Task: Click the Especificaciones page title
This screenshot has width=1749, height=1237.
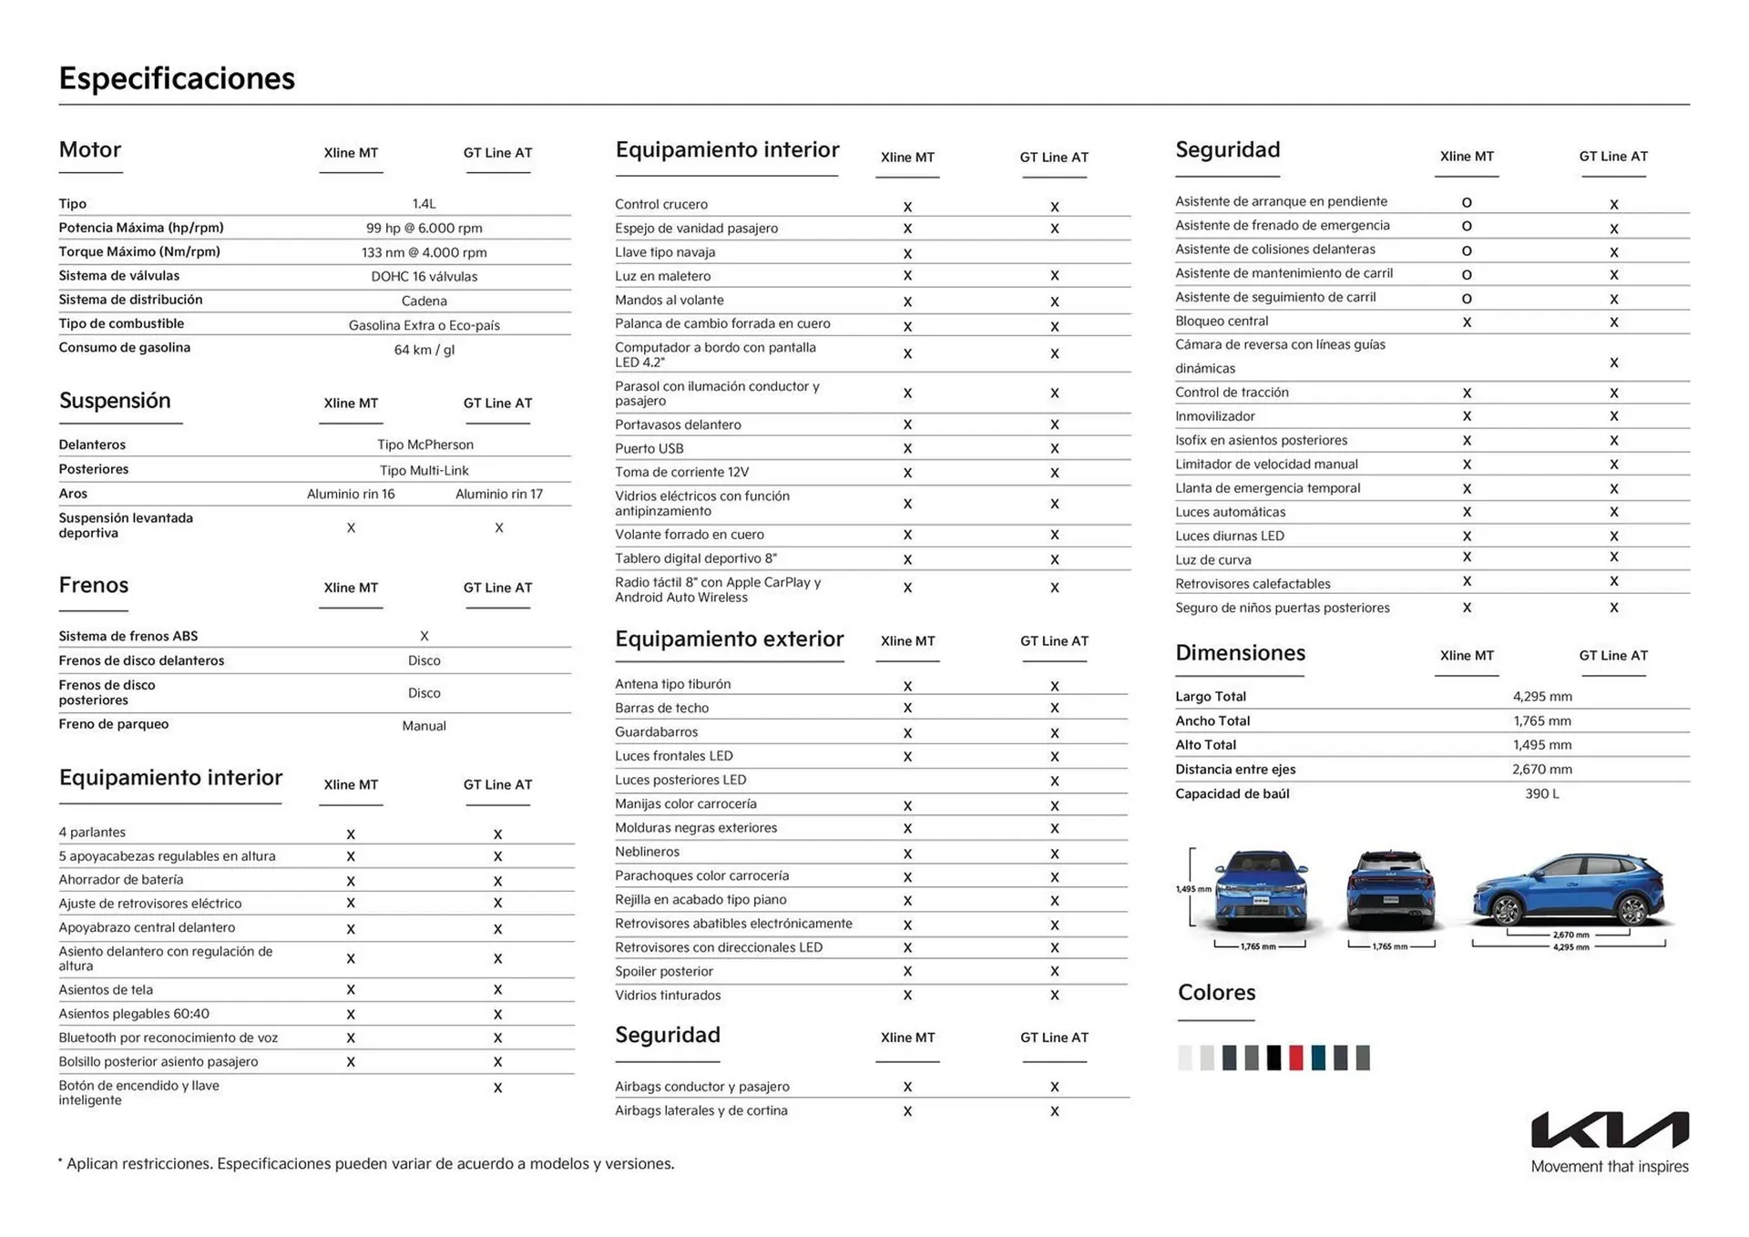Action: click(x=177, y=78)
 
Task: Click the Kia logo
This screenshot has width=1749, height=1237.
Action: click(x=1609, y=1130)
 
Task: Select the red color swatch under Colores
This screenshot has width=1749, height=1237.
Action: click(x=1295, y=1058)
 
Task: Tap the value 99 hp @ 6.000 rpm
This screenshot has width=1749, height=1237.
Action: click(x=424, y=229)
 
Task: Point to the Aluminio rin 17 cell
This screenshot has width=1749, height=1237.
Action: click(x=498, y=494)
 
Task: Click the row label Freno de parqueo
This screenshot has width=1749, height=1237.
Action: click(x=114, y=724)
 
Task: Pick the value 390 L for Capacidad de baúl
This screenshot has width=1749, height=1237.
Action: click(x=1541, y=793)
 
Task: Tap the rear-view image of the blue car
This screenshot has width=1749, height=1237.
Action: click(x=1390, y=891)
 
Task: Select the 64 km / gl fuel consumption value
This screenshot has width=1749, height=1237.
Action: click(x=424, y=350)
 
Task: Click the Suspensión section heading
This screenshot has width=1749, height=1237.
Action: click(x=115, y=401)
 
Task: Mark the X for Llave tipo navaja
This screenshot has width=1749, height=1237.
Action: click(x=907, y=253)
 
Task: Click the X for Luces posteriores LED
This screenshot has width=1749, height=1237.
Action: click(x=1054, y=781)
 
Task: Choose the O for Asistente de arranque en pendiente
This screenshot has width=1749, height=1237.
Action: click(x=1466, y=203)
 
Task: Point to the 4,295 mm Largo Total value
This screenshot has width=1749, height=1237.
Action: click(x=1541, y=697)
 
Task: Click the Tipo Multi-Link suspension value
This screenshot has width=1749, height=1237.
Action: click(x=424, y=470)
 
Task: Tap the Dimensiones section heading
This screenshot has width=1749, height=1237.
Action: click(x=1239, y=653)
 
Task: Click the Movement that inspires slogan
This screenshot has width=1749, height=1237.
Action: click(x=1609, y=1167)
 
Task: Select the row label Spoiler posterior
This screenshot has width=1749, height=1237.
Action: click(x=663, y=971)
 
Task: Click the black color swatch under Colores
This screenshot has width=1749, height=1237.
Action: click(x=1273, y=1058)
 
